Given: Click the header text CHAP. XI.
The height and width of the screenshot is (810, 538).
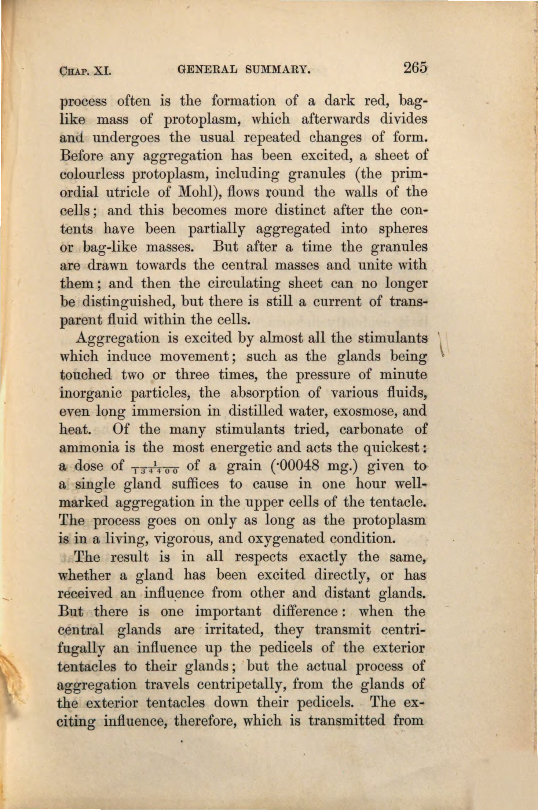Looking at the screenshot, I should click(85, 70).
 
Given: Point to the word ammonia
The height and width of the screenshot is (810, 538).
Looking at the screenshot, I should click(89, 448).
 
